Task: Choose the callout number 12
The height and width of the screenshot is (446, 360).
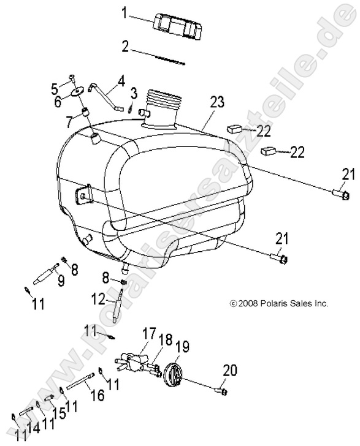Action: [100, 300]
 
